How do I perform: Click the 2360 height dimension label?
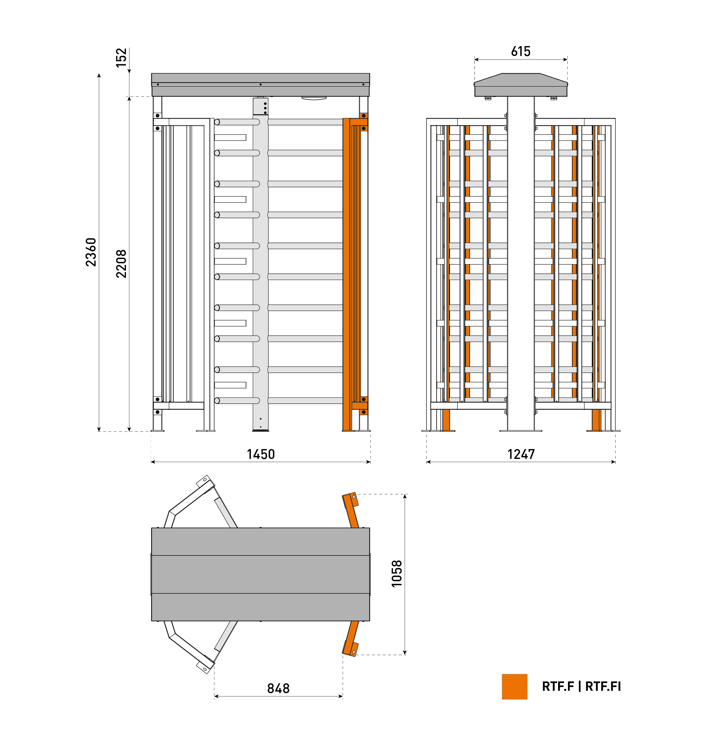click(91, 252)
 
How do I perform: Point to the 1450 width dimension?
click(261, 454)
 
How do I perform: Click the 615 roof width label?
click(521, 51)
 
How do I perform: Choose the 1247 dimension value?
click(521, 454)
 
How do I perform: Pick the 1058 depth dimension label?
click(397, 574)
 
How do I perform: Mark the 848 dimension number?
click(279, 688)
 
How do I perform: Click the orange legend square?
click(514, 687)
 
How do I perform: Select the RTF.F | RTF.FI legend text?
click(581, 687)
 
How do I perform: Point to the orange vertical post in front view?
click(346, 274)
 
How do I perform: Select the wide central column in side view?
click(521, 264)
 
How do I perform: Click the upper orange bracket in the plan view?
click(351, 510)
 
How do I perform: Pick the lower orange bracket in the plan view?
click(351, 639)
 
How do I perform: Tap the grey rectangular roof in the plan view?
click(260, 574)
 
